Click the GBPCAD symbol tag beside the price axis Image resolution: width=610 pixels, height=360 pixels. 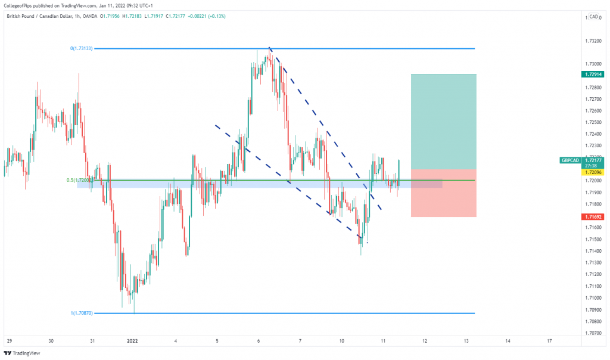[570, 160]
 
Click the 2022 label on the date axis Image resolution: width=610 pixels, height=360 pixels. [133, 341]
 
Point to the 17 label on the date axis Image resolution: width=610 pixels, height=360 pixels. [549, 341]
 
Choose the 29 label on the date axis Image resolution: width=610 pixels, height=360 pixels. [9, 341]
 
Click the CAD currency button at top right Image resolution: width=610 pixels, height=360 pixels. [592, 17]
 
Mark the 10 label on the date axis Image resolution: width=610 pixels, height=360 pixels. [342, 341]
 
